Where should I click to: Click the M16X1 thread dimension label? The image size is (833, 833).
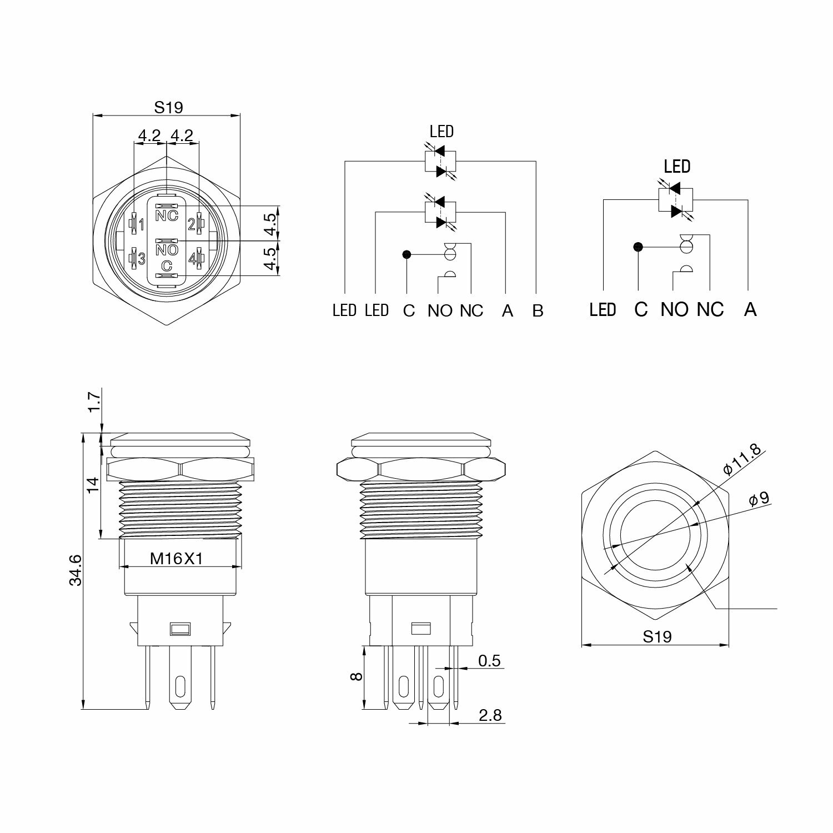177,559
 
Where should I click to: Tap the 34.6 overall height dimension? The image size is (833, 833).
76,570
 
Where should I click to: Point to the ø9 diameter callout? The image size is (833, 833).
759,499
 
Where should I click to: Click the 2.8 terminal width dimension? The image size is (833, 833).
490,715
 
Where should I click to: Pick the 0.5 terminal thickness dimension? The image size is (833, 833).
489,661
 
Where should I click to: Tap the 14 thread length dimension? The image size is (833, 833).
93,485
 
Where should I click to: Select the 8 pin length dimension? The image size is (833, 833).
357,676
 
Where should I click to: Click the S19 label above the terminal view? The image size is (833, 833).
168,107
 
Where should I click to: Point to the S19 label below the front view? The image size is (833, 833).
657,636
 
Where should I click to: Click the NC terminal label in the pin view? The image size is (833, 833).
167,216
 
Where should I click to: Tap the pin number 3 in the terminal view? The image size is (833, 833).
142,259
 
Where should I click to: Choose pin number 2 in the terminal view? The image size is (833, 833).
192,224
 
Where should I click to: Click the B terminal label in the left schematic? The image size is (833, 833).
538,310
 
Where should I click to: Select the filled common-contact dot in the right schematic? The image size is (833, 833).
638,247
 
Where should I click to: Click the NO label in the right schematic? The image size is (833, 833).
674,309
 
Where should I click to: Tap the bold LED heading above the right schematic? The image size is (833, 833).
677,166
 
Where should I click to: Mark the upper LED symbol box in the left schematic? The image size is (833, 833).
440,161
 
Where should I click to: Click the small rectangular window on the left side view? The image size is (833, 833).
179,629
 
